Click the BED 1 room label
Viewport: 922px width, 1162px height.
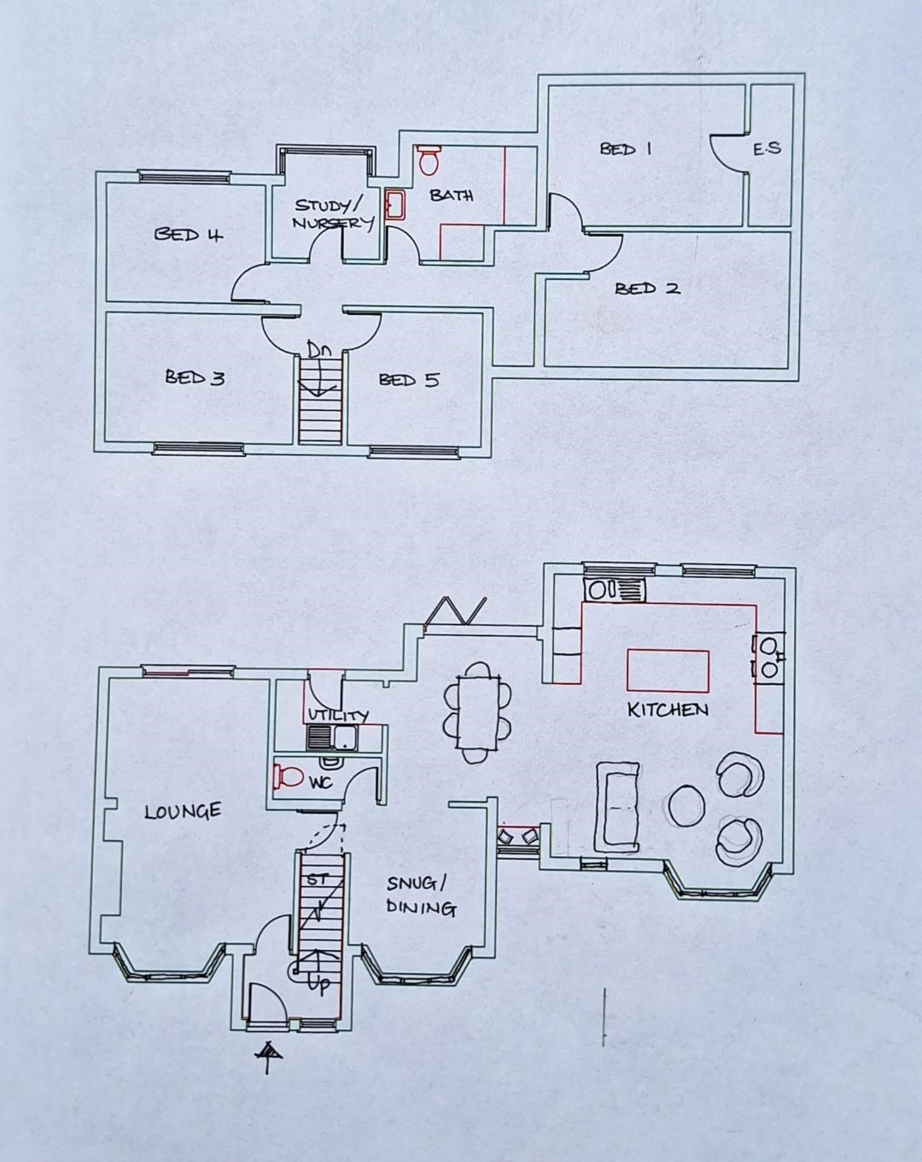[626, 149]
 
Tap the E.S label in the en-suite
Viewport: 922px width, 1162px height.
[767, 149]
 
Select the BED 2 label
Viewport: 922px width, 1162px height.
[648, 289]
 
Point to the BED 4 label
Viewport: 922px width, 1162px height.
[189, 234]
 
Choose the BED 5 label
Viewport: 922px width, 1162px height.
[409, 380]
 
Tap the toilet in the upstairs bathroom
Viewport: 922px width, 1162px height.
[429, 160]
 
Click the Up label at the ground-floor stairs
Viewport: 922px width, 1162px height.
[318, 984]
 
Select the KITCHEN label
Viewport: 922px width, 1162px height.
[668, 709]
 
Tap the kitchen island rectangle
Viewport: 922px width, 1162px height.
[668, 670]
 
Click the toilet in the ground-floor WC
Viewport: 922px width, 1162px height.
[289, 777]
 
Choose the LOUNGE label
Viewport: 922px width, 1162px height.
[183, 811]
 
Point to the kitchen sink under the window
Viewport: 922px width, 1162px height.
[614, 590]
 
